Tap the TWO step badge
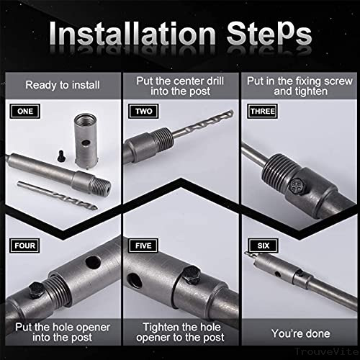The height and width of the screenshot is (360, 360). click(x=140, y=112)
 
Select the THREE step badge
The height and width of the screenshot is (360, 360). click(x=261, y=112)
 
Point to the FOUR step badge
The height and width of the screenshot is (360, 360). click(x=23, y=246)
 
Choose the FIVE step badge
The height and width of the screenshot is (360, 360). click(x=140, y=246)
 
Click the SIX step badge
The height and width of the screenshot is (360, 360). click(x=258, y=246)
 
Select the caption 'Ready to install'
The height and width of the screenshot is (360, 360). click(x=60, y=85)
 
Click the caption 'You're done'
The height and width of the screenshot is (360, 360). click(x=300, y=333)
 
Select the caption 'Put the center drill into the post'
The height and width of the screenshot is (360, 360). click(x=180, y=85)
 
